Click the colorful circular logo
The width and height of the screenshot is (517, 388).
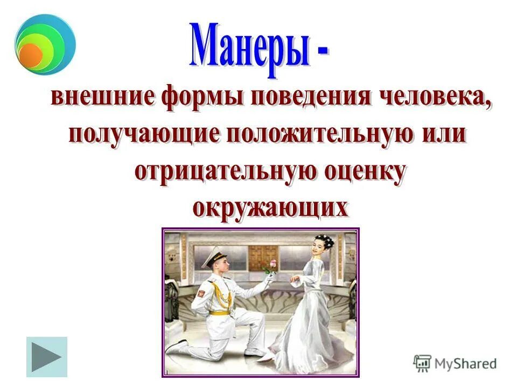coord(45,46)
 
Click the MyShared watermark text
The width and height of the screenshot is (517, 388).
coord(465,363)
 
